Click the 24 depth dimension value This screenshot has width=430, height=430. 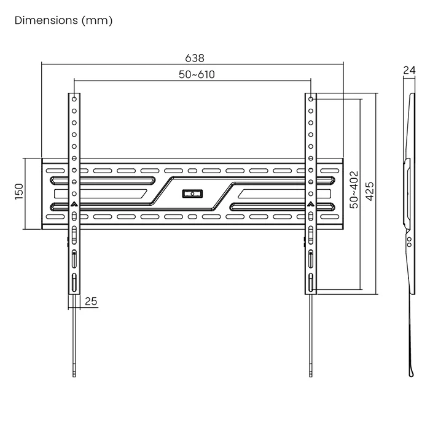[x=409, y=71]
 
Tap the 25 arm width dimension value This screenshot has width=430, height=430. [x=91, y=301]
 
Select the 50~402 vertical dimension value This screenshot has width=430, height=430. [x=353, y=190]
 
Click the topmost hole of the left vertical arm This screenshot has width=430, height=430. [x=74, y=99]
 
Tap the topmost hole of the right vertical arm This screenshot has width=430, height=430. [x=311, y=99]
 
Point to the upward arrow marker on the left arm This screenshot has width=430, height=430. [x=74, y=205]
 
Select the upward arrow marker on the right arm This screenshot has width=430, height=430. [x=311, y=205]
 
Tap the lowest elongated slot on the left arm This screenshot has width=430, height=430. [x=74, y=284]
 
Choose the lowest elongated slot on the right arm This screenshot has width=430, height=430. [x=311, y=284]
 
